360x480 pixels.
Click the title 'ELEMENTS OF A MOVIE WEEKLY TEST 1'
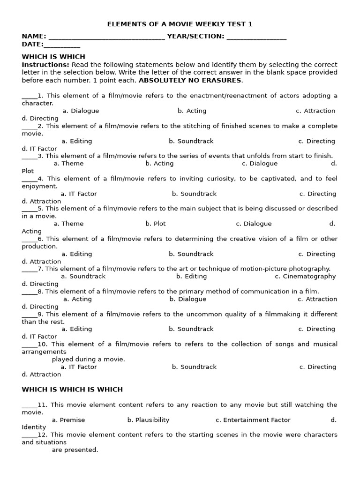click(180, 24)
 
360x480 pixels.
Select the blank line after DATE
click(62, 45)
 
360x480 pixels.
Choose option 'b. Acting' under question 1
click(192, 111)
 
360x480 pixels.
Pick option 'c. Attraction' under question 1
click(315, 111)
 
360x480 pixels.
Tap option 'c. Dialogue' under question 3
click(260, 164)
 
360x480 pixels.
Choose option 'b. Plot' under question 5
click(156, 224)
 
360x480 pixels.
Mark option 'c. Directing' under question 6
click(317, 254)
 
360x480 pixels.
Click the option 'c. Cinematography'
click(306, 277)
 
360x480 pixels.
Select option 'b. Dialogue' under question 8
click(187, 299)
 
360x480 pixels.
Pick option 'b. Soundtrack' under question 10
click(194, 367)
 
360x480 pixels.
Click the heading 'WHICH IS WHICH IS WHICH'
click(72, 390)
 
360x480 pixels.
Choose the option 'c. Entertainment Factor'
click(253, 420)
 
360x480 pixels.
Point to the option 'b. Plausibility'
click(148, 420)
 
